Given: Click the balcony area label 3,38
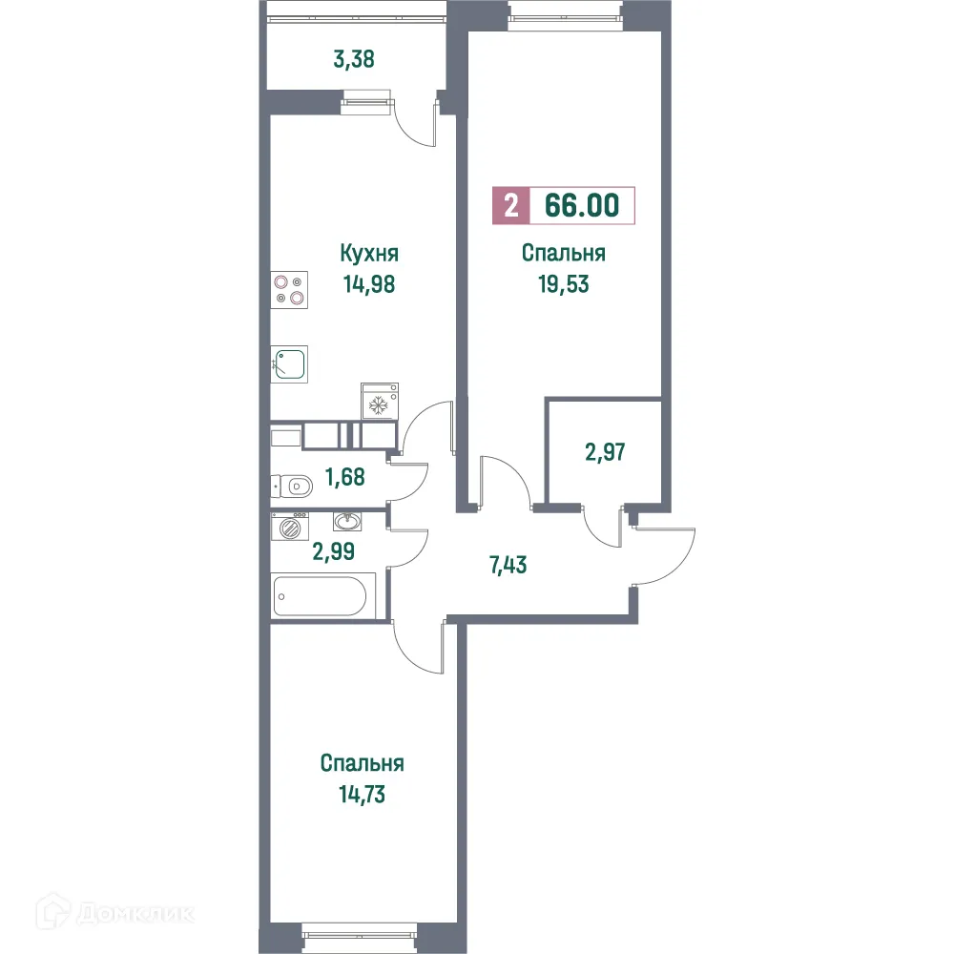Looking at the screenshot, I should [x=353, y=59].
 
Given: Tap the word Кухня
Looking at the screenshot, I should [x=369, y=254].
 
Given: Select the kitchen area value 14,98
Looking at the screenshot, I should [x=369, y=283].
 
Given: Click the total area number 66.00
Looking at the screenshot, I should [x=582, y=206].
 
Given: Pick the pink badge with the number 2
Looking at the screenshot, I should [x=511, y=206].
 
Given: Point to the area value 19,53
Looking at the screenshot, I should [x=563, y=283].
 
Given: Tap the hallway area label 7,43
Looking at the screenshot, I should [x=508, y=564].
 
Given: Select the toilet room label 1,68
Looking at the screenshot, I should [x=345, y=476].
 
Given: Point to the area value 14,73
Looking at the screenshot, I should [x=362, y=793].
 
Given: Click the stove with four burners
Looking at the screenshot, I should [x=290, y=289].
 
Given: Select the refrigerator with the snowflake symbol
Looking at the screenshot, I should [x=380, y=402].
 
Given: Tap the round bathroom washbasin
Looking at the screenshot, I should [x=346, y=522].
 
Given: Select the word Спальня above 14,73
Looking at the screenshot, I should [x=362, y=763].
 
